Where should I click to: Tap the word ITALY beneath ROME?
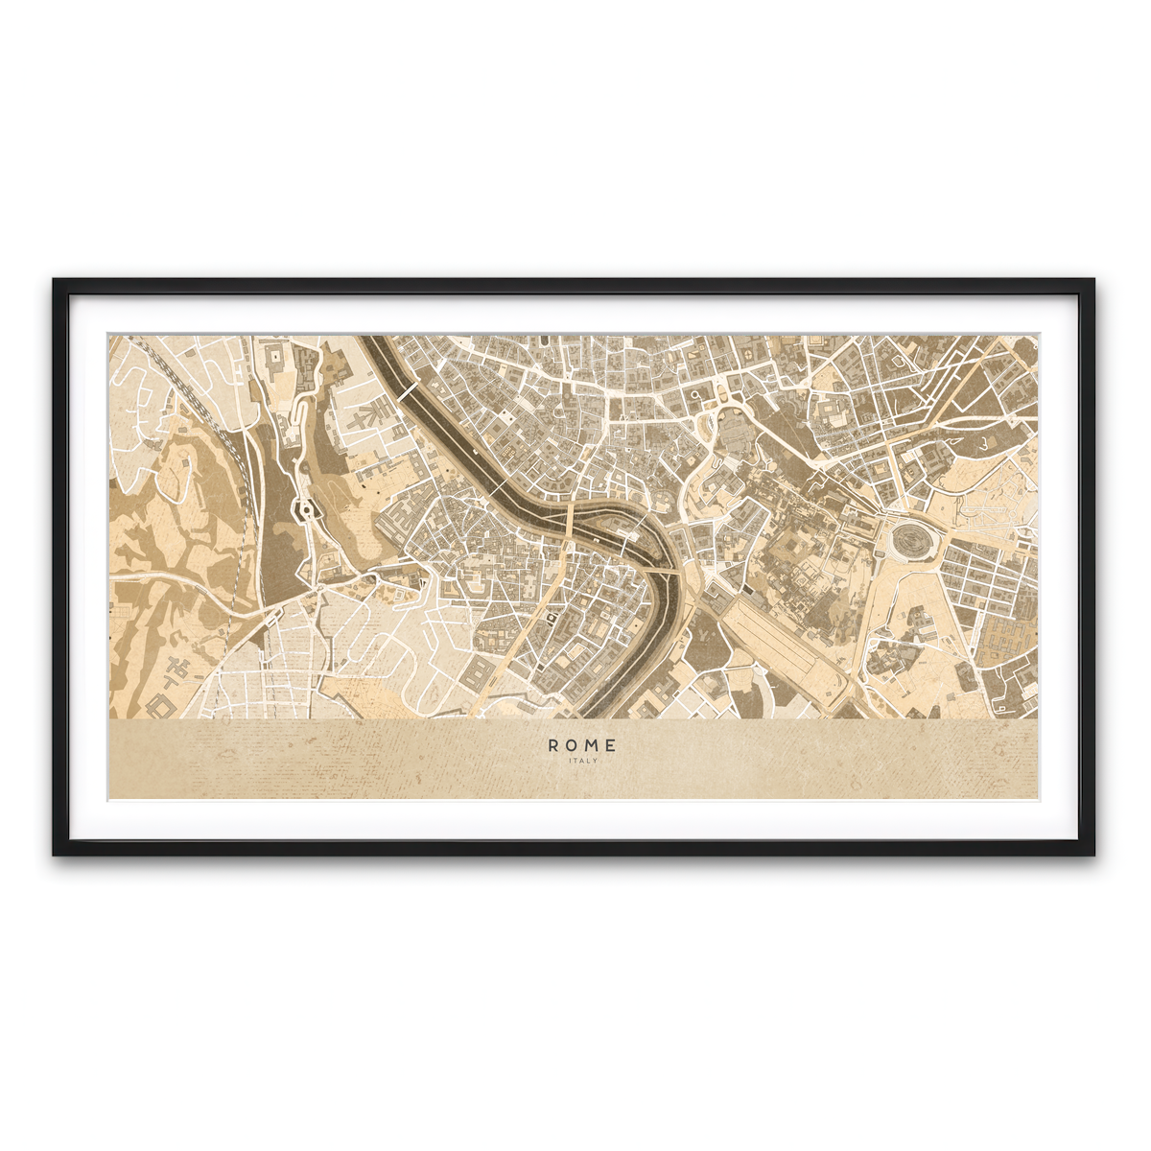[583, 761]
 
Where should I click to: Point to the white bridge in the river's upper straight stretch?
[408, 391]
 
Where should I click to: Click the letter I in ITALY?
[570, 761]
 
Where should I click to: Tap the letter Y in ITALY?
[596, 761]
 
